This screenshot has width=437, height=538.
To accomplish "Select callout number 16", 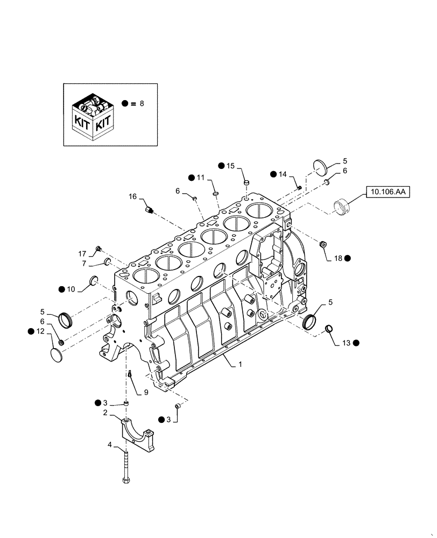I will (x=132, y=197).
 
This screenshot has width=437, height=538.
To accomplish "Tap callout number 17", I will (x=82, y=253).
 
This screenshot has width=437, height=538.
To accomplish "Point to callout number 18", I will (x=338, y=258).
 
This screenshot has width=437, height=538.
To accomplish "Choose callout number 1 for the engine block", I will (x=241, y=364).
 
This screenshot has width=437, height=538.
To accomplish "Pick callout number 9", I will (x=145, y=393).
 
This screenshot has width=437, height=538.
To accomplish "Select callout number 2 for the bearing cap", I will (x=106, y=413).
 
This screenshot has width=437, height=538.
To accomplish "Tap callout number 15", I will (x=231, y=166).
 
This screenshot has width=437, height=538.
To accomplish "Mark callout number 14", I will (x=283, y=174).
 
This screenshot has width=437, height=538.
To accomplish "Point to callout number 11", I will (x=201, y=177).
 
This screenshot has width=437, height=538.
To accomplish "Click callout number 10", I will (x=71, y=289).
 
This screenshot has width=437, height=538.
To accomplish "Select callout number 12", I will (x=39, y=332).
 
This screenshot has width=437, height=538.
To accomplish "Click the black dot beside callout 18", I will (x=348, y=258).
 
